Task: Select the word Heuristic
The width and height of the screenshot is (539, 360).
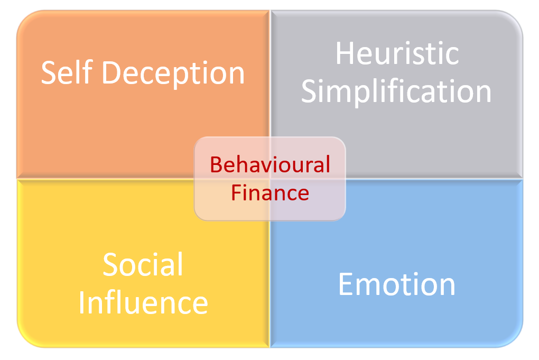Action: click(397, 54)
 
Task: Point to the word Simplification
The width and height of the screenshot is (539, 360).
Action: click(396, 91)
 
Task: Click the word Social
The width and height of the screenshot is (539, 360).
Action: click(143, 264)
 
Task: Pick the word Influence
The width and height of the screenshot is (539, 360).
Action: click(143, 303)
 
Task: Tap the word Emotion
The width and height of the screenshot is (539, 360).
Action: click(396, 284)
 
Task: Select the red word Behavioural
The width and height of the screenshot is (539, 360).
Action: click(270, 165)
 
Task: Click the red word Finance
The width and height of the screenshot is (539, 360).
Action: click(270, 192)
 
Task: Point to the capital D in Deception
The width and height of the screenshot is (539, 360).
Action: click(111, 73)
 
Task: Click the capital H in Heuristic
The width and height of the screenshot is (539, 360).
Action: click(346, 54)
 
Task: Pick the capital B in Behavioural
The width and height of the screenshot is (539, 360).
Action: click(216, 165)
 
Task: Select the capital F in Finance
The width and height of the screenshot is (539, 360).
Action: click(237, 192)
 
